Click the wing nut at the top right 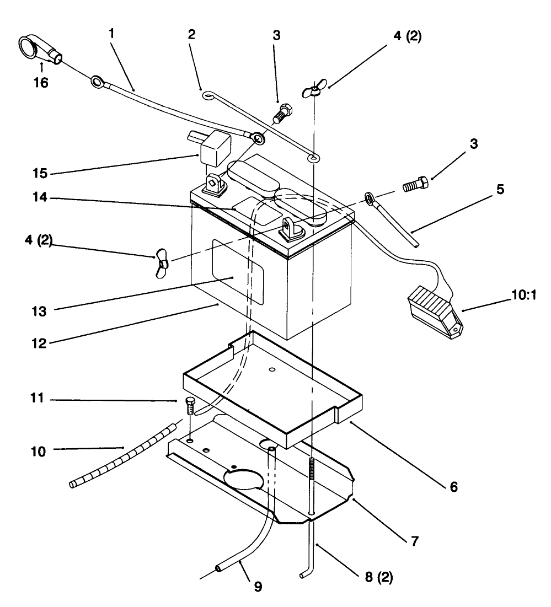(312, 90)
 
